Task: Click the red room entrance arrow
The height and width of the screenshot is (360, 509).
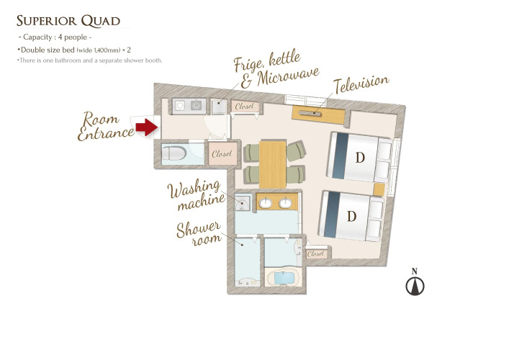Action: point(147,127)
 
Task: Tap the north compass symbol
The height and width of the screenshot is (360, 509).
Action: point(415,282)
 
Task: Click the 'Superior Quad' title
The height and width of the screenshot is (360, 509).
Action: point(68,21)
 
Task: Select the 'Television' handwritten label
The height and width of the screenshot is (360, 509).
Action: point(361,84)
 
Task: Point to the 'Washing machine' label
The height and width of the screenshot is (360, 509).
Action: point(196,195)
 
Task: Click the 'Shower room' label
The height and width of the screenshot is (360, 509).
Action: point(199,234)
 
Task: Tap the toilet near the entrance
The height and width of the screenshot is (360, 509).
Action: point(174,153)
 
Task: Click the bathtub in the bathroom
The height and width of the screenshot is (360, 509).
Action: point(284,278)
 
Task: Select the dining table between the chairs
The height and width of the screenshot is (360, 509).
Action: point(273,164)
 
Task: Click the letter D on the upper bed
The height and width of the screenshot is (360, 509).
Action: point(360,158)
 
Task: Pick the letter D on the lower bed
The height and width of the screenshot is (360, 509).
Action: point(351,216)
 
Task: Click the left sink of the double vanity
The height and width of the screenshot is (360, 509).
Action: point(265,203)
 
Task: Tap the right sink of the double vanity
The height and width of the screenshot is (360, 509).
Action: point(285,203)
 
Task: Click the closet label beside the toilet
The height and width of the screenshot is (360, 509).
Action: point(222,153)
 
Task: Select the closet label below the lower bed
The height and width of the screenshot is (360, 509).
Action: point(315,253)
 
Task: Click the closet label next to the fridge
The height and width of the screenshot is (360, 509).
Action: point(245,106)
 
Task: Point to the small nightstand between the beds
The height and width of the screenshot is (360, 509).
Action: point(379,189)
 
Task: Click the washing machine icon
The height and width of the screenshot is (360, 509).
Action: point(243,203)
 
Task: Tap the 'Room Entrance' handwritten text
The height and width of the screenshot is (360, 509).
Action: point(105,127)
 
